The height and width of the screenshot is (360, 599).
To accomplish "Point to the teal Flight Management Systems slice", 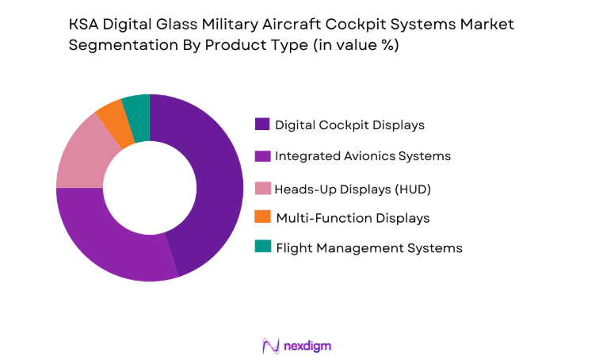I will point(136,108).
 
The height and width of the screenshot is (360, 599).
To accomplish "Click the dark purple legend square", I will point(261,124).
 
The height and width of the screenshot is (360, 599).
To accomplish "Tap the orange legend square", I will point(261,217).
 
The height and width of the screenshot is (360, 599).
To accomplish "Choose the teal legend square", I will point(261,247).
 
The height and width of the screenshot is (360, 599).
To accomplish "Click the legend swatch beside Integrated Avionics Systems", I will point(261,156).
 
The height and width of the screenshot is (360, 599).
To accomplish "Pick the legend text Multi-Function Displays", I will point(353,217).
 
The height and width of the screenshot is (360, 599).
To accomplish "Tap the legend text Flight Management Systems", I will point(368,247).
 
